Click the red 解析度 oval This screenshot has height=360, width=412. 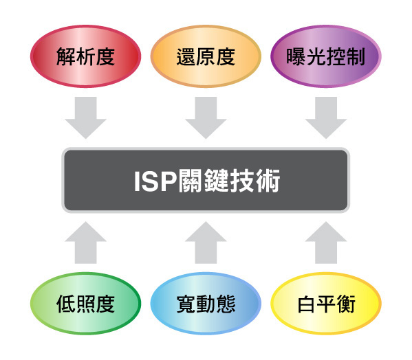point(86,56)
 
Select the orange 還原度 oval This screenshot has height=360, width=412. point(206,56)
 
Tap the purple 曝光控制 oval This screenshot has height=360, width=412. point(326,56)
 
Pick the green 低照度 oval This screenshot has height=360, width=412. point(86,304)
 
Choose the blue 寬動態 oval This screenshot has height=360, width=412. point(206,304)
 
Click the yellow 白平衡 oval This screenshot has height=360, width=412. point(326,304)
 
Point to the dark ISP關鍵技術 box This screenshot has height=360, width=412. point(206,180)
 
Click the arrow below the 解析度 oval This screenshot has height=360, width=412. point(86,117)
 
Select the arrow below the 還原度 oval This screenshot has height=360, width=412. point(206,117)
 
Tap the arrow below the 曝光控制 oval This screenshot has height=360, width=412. point(326,117)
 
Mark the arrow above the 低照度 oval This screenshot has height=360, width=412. point(86,243)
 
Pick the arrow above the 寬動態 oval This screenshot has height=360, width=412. point(206,243)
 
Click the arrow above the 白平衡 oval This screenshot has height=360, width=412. point(326,243)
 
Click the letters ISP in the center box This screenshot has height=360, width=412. point(155,181)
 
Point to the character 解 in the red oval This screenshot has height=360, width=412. point(66,56)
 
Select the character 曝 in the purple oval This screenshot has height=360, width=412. point(296,56)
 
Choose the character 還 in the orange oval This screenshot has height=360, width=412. point(186,56)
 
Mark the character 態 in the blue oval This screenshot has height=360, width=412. point(226,304)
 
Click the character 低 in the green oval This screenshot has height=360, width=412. point(66,304)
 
